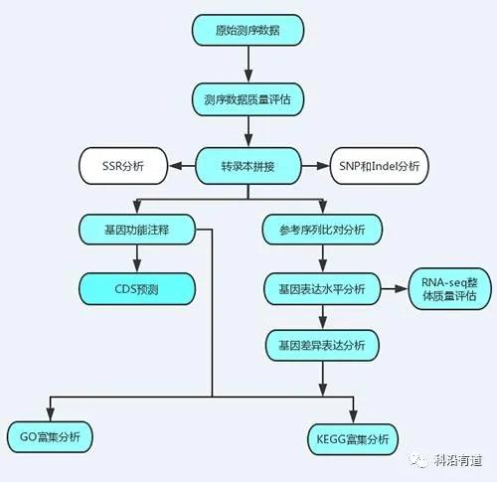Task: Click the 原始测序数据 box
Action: point(248,30)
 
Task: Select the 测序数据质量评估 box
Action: point(248,99)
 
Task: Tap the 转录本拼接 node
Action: point(248,166)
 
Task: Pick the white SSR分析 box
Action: point(123,166)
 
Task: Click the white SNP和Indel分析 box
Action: point(379,166)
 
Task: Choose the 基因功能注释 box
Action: point(137,230)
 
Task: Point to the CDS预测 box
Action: point(137,289)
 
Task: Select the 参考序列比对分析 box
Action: point(322,230)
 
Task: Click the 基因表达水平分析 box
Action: point(322,289)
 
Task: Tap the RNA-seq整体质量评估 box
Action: point(449,289)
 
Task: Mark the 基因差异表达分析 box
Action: point(322,346)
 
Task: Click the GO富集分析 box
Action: point(50,437)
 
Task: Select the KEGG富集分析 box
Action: point(353,439)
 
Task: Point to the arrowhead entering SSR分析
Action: point(176,166)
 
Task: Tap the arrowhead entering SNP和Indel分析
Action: point(322,166)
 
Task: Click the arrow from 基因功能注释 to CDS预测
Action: point(137,258)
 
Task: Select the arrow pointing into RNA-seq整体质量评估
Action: point(395,289)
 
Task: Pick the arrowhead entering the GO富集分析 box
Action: point(50,414)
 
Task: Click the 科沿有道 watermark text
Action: point(458,461)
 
